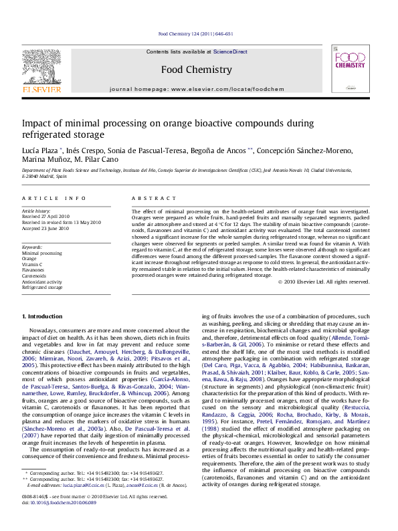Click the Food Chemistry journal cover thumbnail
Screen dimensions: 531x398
pos(349,74)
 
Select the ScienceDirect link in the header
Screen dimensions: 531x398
pos(231,51)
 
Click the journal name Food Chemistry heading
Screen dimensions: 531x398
pos(196,69)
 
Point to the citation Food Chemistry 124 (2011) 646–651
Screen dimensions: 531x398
pos(196,33)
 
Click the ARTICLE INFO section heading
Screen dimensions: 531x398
pos(54,198)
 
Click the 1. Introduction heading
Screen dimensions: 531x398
pos(43,316)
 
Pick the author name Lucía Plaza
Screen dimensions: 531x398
pos(40,150)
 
